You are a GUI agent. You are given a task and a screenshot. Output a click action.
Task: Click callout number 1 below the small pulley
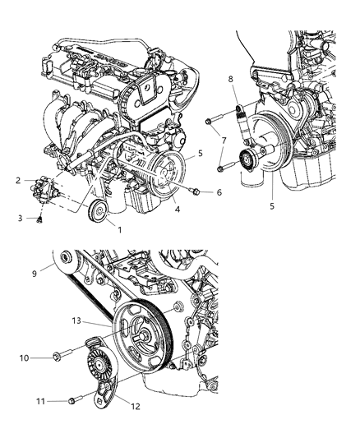pos(120,230)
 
